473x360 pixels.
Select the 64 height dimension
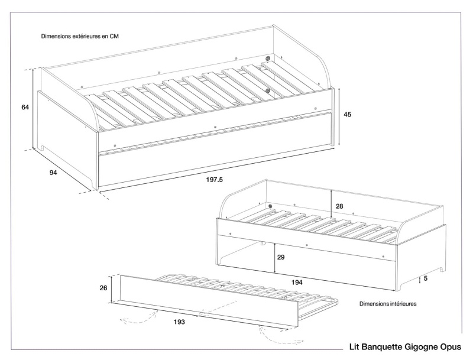pyautogui.click(x=25, y=107)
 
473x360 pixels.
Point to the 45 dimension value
pyautogui.click(x=347, y=115)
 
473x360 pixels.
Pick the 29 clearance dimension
pyautogui.click(x=281, y=258)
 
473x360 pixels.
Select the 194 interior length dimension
pyautogui.click(x=297, y=283)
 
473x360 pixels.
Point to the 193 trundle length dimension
pyautogui.click(x=180, y=322)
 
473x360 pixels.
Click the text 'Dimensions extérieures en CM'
pyautogui.click(x=79, y=36)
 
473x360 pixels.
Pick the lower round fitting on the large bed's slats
pyautogui.click(x=268, y=90)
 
